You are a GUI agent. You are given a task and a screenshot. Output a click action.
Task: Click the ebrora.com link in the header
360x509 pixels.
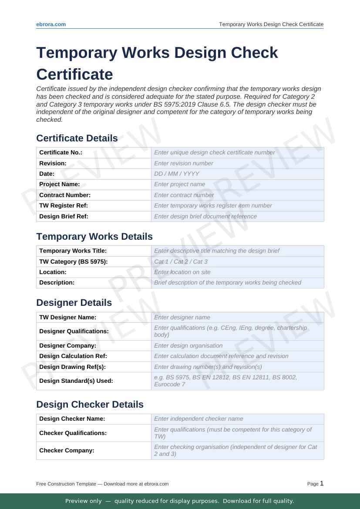click(51, 24)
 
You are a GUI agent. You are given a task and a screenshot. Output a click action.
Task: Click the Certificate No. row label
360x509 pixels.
click(61, 153)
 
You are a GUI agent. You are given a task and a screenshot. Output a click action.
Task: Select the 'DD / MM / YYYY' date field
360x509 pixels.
click(237, 174)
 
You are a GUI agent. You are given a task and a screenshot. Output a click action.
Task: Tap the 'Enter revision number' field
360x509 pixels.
click(237, 163)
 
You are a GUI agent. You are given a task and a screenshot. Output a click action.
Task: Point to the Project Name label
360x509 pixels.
click(60, 184)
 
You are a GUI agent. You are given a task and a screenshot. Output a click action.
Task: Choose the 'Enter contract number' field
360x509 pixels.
click(237, 195)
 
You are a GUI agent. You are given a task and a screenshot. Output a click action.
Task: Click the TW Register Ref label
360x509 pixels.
click(64, 205)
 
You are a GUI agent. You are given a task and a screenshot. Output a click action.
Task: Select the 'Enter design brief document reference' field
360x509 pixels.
click(237, 216)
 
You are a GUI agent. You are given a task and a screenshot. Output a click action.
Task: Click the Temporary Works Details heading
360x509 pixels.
click(94, 237)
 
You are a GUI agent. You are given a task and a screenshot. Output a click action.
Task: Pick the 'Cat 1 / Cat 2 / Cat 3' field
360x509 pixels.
click(237, 261)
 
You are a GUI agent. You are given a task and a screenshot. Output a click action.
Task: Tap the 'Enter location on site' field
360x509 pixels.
click(237, 272)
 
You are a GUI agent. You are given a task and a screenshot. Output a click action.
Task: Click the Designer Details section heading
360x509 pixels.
click(74, 303)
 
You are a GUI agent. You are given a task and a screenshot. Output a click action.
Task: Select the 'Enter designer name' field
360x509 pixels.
click(237, 318)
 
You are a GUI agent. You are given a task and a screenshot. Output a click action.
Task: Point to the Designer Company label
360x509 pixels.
click(67, 345)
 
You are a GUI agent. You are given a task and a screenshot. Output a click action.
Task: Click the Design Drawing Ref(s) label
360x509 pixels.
click(73, 367)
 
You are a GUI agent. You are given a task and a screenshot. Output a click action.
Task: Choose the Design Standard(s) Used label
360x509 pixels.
click(76, 381)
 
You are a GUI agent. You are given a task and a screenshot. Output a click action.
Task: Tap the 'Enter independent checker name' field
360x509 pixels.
click(237, 419)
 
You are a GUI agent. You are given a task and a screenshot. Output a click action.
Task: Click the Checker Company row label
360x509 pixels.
click(67, 451)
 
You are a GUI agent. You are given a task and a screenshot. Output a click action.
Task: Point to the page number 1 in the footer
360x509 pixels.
click(322, 483)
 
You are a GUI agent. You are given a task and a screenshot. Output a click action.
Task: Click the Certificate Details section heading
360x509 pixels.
click(77, 138)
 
